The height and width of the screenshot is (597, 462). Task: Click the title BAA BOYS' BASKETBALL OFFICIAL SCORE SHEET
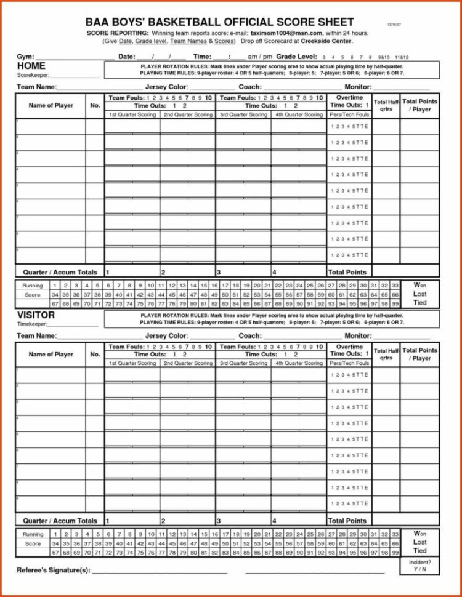pos(220,23)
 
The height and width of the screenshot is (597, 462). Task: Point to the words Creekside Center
pos(327,41)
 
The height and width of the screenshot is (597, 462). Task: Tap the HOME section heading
pos(31,66)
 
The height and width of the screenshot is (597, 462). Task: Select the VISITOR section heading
pos(36,315)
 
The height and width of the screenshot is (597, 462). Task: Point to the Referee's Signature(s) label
pos(54,570)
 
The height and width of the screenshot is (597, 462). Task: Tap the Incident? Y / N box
pos(420,566)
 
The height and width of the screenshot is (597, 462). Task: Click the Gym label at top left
pos(25,57)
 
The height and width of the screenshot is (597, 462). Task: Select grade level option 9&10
pos(384,57)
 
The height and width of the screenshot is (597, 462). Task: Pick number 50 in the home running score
pos(225,295)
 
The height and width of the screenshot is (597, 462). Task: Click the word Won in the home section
pos(420,286)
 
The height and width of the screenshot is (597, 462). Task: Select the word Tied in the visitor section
pos(420,551)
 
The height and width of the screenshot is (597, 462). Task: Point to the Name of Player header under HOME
pos(51,106)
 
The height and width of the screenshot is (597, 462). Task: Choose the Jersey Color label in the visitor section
pos(166,336)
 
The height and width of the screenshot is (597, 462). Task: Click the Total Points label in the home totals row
pos(347,272)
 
